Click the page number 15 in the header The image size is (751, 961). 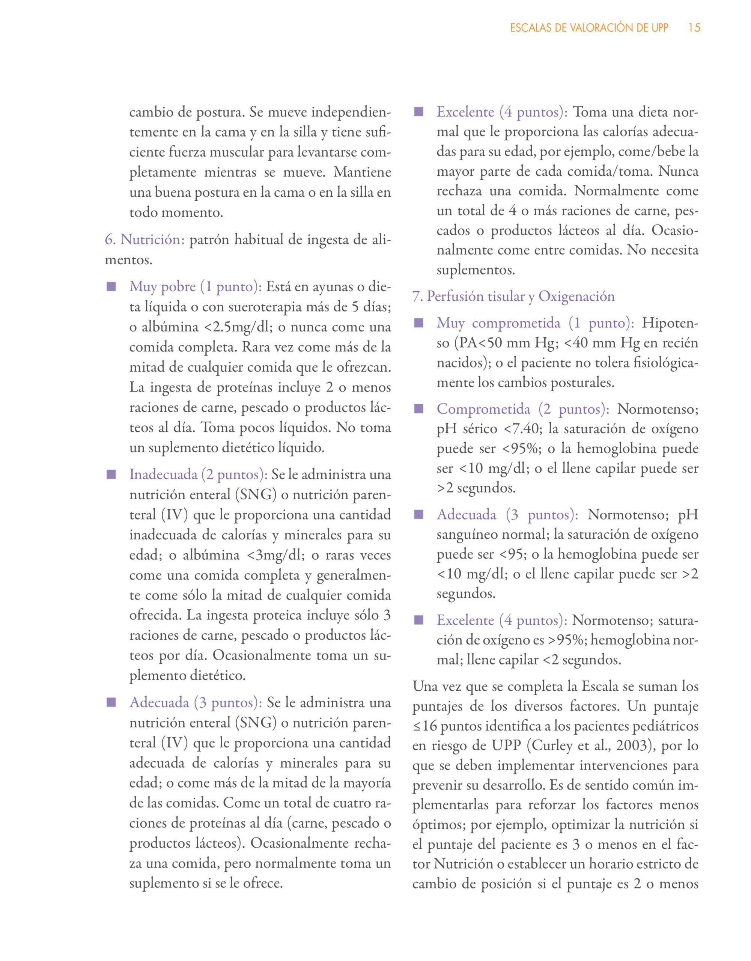tap(694, 28)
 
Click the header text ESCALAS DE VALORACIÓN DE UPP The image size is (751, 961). tap(589, 28)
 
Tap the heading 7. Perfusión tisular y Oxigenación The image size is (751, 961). tap(513, 296)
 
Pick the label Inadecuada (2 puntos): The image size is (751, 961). tap(199, 475)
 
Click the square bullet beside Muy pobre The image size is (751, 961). tap(110, 287)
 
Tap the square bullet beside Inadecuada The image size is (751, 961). tap(110, 475)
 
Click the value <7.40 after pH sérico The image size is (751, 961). tap(523, 429)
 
